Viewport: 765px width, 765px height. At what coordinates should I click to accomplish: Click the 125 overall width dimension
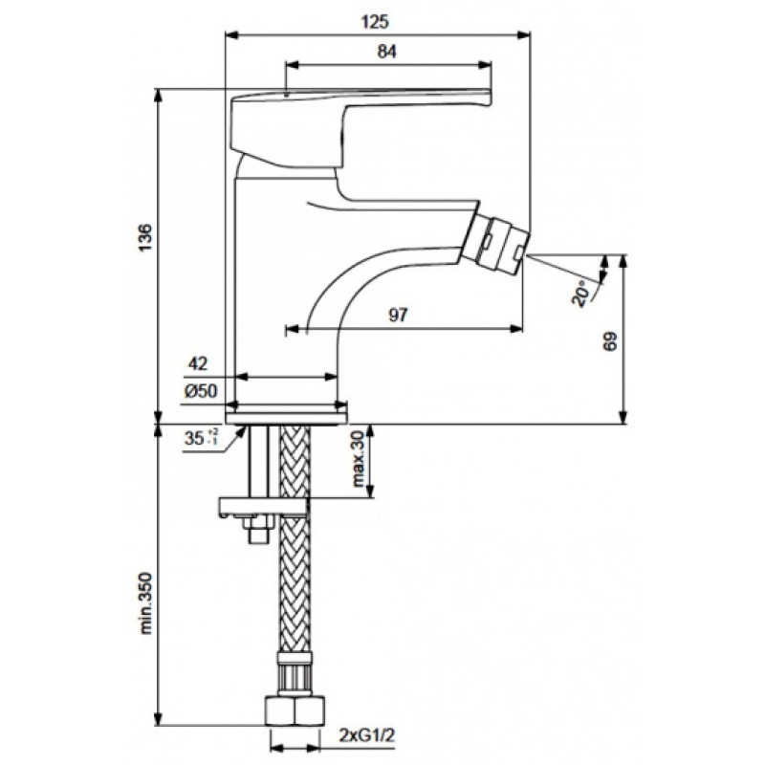point(375,22)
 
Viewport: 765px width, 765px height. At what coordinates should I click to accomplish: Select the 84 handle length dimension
point(387,52)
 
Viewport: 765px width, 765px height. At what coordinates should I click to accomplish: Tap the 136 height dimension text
point(145,238)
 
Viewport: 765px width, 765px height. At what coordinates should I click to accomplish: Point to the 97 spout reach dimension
point(398,316)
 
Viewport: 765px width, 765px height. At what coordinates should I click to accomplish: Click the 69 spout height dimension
point(610,341)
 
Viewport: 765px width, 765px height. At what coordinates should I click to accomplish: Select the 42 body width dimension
point(198,363)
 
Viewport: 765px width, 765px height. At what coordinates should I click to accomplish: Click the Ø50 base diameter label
point(201,391)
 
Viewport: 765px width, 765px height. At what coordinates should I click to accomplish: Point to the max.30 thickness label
point(359,459)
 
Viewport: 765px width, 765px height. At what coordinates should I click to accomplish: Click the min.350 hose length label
point(147,603)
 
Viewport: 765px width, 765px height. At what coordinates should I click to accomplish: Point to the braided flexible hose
point(295,536)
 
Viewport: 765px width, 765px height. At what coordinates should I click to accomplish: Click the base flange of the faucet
point(286,418)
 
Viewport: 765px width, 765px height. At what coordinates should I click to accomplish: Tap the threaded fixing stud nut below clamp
point(257,529)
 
